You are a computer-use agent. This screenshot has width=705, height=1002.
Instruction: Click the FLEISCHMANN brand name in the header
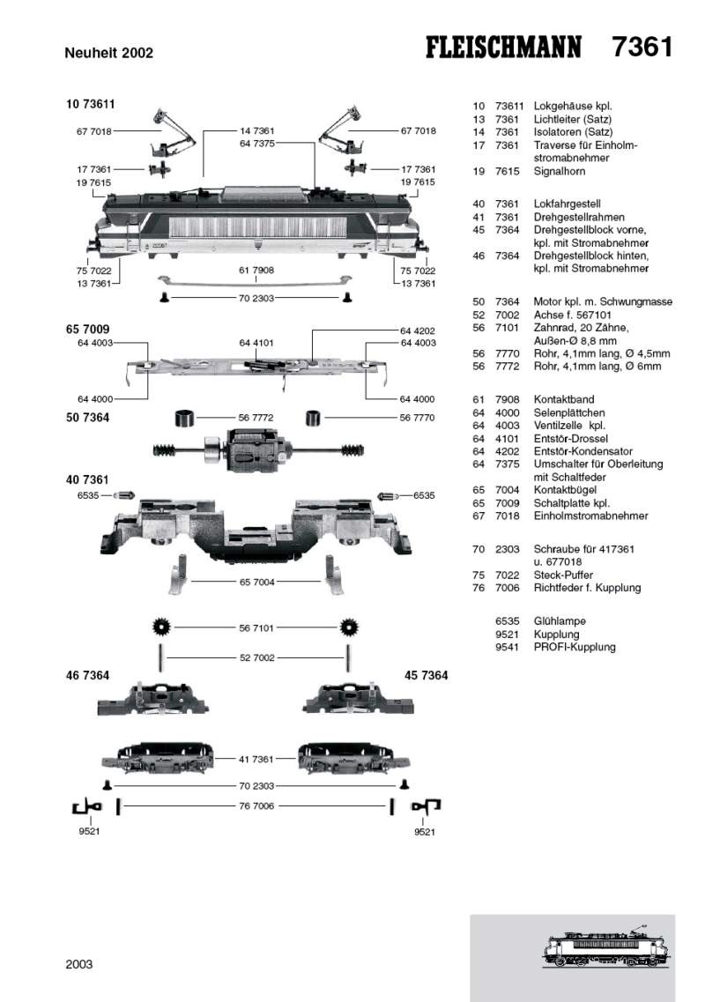coord(501,48)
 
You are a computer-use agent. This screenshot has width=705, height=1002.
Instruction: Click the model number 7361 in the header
coord(642,47)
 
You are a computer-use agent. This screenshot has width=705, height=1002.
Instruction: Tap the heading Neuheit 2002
coord(109,53)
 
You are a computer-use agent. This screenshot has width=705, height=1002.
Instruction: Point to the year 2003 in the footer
coord(79,964)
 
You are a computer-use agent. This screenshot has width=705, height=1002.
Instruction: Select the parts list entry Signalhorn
coord(559,172)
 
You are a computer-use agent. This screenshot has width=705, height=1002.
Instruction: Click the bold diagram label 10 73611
coord(91,104)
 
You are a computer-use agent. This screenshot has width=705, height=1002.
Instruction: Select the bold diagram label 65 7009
coord(87,329)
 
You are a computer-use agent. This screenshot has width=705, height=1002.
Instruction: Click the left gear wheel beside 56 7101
coord(161,628)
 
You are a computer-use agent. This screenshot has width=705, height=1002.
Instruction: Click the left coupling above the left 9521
coord(86,806)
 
